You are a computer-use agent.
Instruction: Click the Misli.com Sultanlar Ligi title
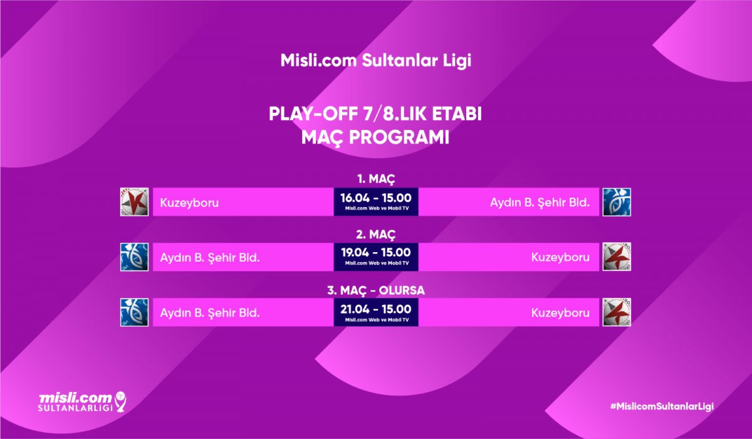point(375,61)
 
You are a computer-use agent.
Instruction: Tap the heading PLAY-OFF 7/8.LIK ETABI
point(375,114)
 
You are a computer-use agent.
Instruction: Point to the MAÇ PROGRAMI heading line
point(375,137)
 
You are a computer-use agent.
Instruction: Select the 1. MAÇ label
point(376,179)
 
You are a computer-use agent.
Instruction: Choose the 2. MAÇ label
point(376,235)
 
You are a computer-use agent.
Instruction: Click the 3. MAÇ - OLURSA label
point(376,290)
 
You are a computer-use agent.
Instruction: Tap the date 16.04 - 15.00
point(376,198)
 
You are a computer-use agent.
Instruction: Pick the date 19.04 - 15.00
point(376,253)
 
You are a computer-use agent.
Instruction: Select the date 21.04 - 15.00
point(376,309)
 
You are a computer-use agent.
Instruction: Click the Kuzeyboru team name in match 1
point(189,203)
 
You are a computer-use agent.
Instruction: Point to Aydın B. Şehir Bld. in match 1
point(540,203)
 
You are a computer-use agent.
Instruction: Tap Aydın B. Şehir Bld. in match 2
point(210,258)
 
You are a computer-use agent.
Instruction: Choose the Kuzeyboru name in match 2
point(560,257)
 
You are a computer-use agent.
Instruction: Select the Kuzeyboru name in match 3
point(560,313)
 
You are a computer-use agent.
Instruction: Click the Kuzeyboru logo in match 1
point(134,202)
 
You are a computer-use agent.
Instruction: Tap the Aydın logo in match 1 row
point(617,202)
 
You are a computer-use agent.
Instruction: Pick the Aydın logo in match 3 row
point(134,312)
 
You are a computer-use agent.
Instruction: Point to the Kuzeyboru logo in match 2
point(617,257)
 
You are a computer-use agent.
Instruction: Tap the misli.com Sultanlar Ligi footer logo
point(83,402)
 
